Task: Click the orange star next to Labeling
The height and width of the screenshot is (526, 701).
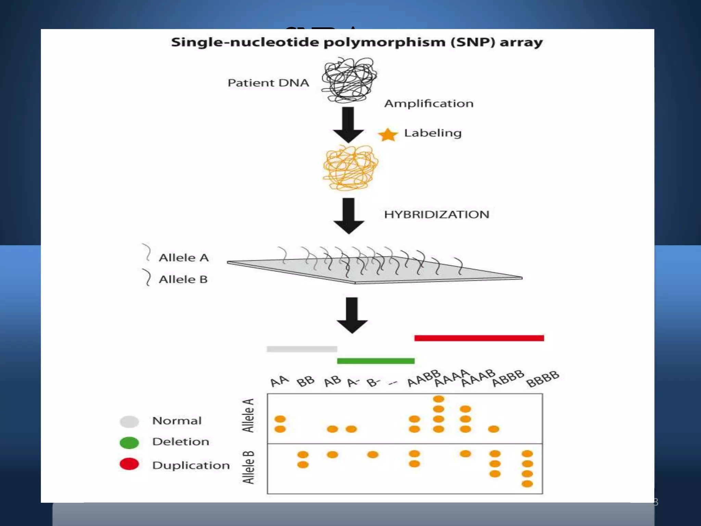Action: coord(388,135)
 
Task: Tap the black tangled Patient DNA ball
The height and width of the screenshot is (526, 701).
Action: coord(349,80)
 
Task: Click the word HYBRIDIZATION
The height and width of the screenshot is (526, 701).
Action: coord(436,215)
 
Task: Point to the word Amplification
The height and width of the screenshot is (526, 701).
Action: coord(429,103)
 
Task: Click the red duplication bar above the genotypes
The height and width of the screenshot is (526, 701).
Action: coord(479,338)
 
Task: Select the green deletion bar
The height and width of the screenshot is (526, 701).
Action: coord(375,361)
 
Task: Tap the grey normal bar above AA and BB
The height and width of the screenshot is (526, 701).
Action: coord(302,349)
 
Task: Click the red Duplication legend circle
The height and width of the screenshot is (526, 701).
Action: coord(129,464)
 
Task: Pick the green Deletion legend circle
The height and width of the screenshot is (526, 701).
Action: coord(129,442)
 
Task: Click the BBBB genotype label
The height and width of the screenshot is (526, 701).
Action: coord(543,379)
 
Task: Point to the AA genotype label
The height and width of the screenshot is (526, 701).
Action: coord(279,381)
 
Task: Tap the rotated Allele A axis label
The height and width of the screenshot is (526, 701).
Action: coord(248,415)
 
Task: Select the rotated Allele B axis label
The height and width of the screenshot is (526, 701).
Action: coord(248,467)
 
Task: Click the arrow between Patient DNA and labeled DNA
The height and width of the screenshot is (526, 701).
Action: coord(348,125)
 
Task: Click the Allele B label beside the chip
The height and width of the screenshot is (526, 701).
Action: coord(183,279)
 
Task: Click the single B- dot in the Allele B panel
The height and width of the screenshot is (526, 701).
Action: coord(372,454)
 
